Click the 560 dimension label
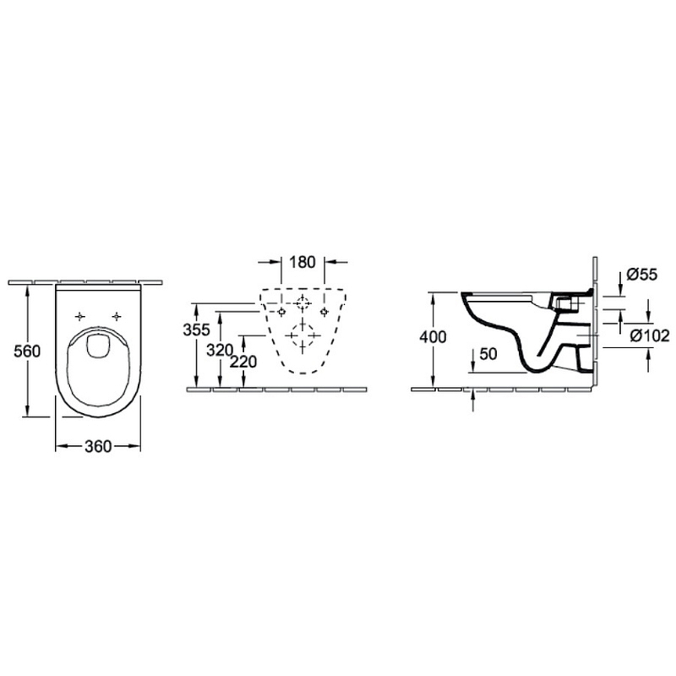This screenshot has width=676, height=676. [x=27, y=351]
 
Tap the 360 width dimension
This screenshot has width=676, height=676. [x=98, y=446]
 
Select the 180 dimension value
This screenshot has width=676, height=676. [x=303, y=262]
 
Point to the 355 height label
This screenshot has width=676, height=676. [x=197, y=330]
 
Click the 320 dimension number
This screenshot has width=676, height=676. [x=220, y=351]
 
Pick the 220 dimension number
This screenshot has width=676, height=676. [x=243, y=362]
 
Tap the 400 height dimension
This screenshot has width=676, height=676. [x=433, y=336]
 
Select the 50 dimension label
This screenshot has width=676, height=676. [x=488, y=354]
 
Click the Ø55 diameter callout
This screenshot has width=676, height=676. [x=642, y=274]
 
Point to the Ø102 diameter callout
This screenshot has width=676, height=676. [x=650, y=335]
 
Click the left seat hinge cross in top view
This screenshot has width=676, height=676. [x=80, y=317]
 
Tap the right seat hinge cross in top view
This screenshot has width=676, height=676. [x=117, y=317]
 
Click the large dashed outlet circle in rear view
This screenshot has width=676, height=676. [x=303, y=335]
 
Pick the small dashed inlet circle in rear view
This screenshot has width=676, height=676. [x=303, y=304]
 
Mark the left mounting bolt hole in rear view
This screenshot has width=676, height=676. [x=281, y=312]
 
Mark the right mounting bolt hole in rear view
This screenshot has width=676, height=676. [x=324, y=312]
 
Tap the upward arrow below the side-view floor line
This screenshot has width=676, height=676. [x=473, y=400]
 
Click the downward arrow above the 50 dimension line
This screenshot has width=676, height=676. [x=473, y=360]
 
